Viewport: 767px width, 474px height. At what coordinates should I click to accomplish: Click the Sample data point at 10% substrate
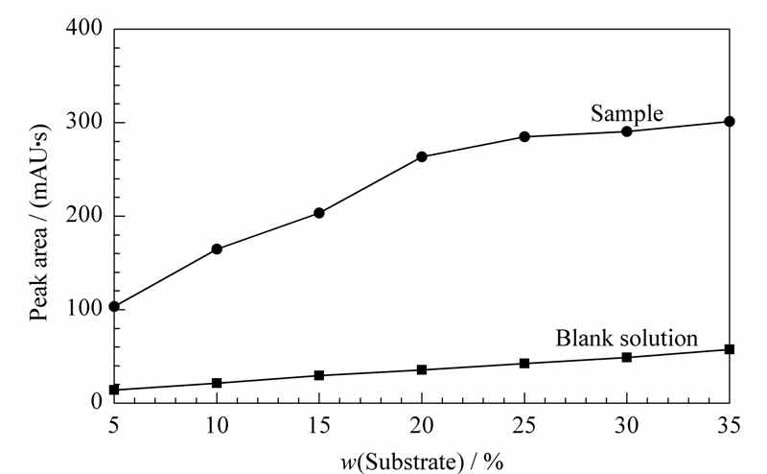click(217, 249)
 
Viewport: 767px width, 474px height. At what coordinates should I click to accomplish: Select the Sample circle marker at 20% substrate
click(422, 156)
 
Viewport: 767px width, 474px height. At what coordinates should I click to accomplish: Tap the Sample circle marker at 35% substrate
click(730, 122)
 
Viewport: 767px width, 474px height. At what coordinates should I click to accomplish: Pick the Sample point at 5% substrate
click(114, 306)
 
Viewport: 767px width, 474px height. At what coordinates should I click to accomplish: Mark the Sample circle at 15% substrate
click(319, 213)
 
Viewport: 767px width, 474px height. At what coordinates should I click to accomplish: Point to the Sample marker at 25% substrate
click(524, 136)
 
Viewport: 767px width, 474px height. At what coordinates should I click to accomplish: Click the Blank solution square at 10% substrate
click(217, 383)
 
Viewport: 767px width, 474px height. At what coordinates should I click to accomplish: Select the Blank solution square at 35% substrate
click(730, 349)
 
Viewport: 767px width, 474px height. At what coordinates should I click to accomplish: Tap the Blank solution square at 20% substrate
click(422, 369)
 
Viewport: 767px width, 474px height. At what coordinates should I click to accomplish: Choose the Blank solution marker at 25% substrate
click(524, 364)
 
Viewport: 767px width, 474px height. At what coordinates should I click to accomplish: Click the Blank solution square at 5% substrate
click(114, 390)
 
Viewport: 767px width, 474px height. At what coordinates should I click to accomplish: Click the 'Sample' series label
click(627, 113)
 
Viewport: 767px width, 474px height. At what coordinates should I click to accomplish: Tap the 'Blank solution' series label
click(627, 339)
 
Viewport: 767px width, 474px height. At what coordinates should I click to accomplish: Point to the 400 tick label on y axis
click(83, 28)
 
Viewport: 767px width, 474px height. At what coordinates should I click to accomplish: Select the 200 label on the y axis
click(83, 215)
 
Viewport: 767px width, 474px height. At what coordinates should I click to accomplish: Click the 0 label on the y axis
click(97, 401)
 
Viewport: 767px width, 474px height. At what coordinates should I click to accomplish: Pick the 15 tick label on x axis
click(319, 425)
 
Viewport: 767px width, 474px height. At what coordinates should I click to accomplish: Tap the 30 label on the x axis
click(627, 425)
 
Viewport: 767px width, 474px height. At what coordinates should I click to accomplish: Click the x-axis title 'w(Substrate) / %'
click(422, 462)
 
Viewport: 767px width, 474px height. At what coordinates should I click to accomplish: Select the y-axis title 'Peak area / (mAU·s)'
click(39, 223)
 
